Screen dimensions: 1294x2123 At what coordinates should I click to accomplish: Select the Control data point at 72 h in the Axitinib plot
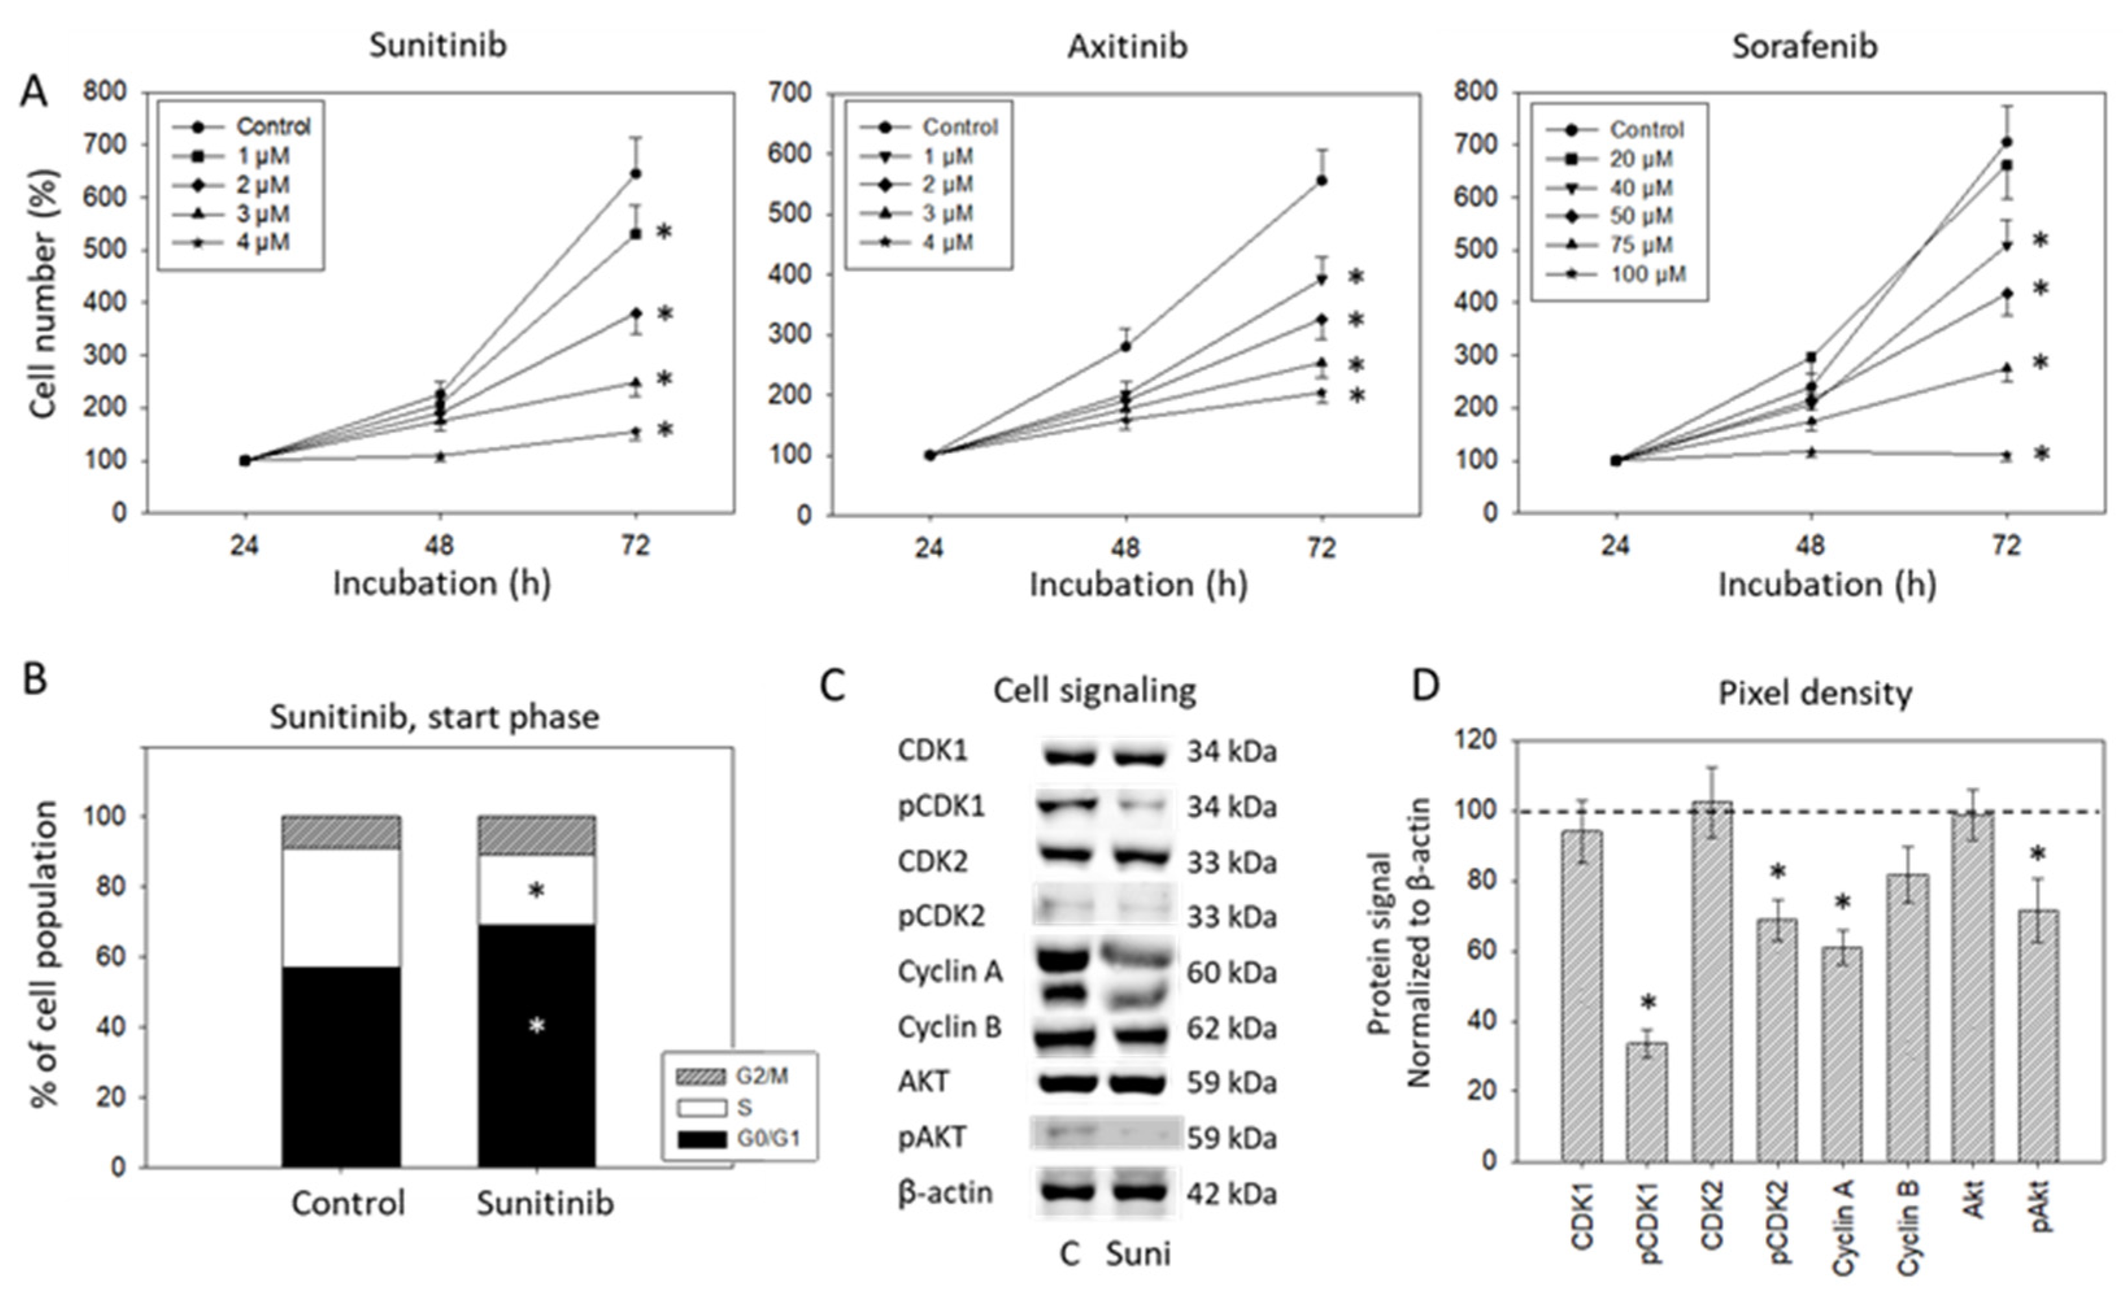pyautogui.click(x=1321, y=181)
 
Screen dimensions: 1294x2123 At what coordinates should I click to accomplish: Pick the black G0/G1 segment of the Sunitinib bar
pyautogui.click(x=537, y=1046)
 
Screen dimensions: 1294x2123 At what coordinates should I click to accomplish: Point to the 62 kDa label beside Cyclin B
pyautogui.click(x=1231, y=1028)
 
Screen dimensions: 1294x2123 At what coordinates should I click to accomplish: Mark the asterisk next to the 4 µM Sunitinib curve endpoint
pyautogui.click(x=665, y=430)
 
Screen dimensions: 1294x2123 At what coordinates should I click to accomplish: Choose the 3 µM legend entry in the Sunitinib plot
pyautogui.click(x=263, y=214)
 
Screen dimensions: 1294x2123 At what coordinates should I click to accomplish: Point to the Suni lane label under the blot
pyautogui.click(x=1137, y=1254)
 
